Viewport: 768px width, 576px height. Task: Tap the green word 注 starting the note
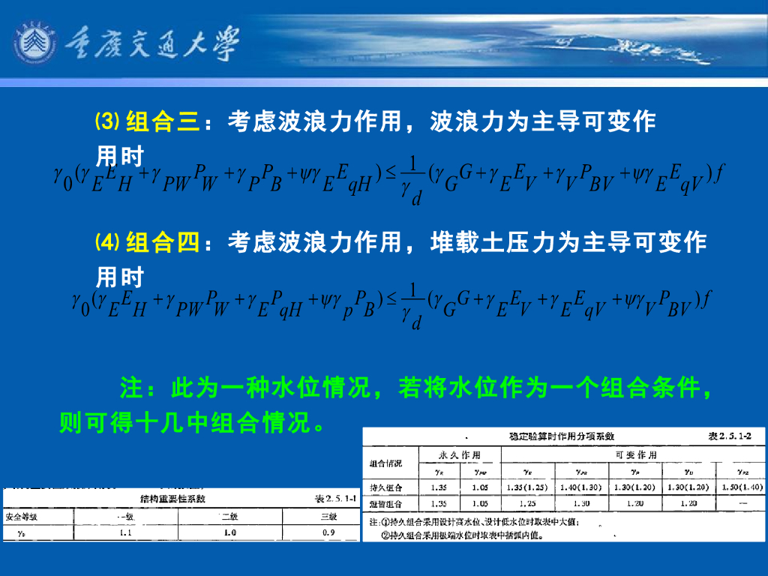pos(131,388)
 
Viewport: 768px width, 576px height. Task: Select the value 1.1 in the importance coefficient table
pos(125,532)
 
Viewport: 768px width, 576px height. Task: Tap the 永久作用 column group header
pos(459,455)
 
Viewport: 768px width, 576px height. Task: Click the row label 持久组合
pos(384,487)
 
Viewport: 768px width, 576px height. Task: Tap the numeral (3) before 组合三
pos(107,121)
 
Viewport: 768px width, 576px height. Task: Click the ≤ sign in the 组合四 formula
pos(389,299)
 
